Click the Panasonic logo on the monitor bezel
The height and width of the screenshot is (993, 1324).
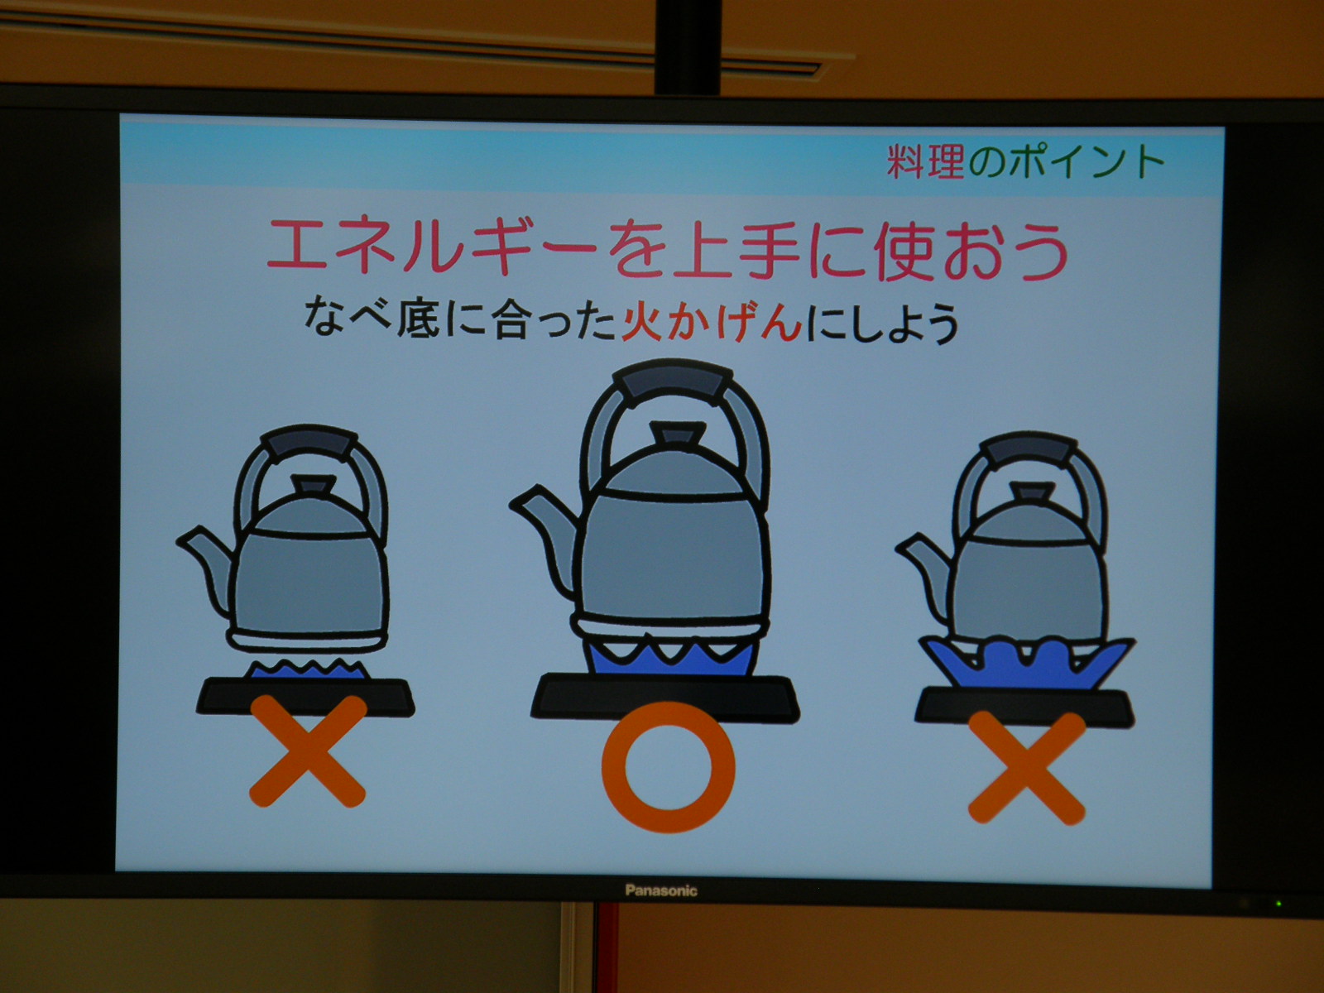(x=661, y=890)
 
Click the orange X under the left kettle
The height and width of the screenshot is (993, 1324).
(x=308, y=751)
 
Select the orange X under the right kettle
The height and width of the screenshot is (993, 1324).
(x=1027, y=768)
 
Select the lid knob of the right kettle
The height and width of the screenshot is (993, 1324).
(x=1033, y=492)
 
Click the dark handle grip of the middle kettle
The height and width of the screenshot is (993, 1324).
(x=671, y=381)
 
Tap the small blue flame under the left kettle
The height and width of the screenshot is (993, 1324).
(x=308, y=669)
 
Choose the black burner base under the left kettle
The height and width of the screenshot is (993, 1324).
(x=306, y=697)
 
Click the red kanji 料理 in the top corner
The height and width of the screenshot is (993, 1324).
(x=925, y=161)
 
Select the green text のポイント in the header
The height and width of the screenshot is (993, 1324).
(x=1067, y=162)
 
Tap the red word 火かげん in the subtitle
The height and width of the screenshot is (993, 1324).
(x=712, y=323)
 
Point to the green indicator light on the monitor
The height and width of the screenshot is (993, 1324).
(x=1278, y=903)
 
